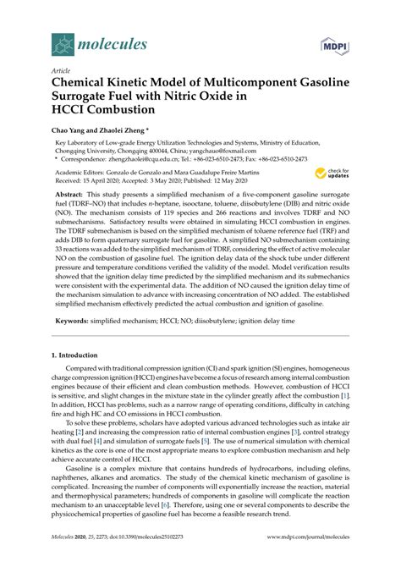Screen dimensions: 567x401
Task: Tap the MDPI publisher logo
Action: (332, 44)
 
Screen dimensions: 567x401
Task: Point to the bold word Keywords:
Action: (75, 322)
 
